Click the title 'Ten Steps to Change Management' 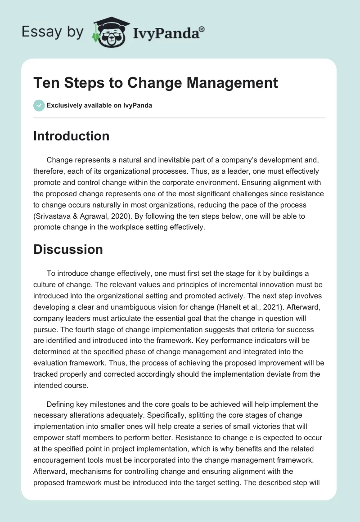coord(156,83)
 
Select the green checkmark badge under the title coord(39,106)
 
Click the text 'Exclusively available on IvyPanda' coord(99,106)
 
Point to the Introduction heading coord(71,136)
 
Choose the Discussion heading coord(68,249)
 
